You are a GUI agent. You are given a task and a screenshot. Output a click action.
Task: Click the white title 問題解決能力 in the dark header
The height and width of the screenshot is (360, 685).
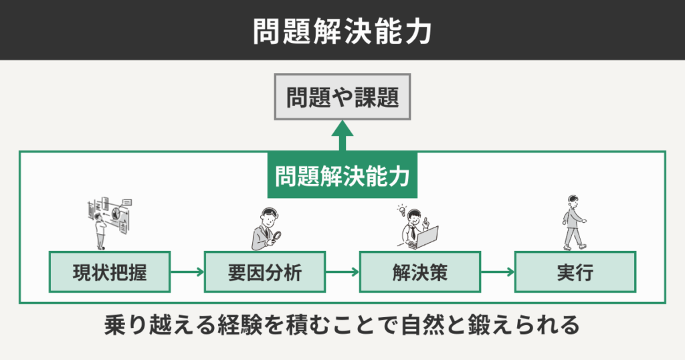click(342, 31)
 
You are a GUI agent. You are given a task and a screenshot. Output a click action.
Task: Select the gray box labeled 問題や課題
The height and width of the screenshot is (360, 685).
click(342, 99)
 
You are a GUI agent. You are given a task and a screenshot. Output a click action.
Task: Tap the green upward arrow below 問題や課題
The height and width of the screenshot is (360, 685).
click(342, 135)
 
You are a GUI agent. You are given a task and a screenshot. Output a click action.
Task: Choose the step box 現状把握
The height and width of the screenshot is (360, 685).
click(109, 272)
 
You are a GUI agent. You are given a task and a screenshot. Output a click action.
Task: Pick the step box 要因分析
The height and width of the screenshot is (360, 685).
click(264, 272)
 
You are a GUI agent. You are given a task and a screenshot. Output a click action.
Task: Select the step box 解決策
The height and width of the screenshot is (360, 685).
click(419, 272)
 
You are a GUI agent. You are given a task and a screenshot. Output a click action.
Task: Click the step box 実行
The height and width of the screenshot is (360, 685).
click(575, 272)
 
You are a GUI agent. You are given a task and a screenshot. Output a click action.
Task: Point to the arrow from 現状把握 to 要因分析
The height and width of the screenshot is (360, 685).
click(187, 272)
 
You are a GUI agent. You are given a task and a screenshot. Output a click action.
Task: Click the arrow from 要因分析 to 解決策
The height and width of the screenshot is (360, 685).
click(342, 272)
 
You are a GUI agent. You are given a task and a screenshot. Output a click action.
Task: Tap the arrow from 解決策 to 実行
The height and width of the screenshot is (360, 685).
click(497, 272)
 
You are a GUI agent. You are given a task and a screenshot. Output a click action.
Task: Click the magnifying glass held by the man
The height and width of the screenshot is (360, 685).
click(276, 235)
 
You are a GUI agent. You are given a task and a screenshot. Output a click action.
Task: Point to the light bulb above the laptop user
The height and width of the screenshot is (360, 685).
click(402, 209)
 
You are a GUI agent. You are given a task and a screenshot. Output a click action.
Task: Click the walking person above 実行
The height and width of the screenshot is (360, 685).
click(573, 223)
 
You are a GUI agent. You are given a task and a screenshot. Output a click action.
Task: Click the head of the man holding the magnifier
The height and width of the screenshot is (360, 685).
click(267, 217)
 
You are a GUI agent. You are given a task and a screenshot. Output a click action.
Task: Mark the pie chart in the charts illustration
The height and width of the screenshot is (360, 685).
click(115, 214)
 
